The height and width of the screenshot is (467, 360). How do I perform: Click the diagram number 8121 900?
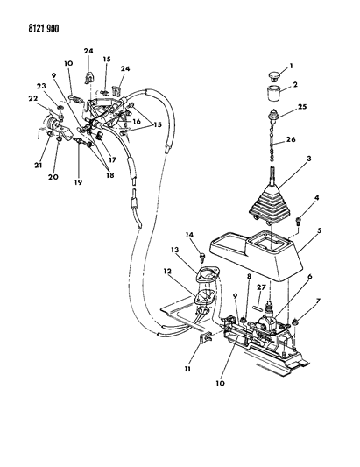pos(44,29)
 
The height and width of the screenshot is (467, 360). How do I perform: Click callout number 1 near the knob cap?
pos(291,66)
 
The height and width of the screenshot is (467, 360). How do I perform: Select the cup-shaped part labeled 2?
pos(273,93)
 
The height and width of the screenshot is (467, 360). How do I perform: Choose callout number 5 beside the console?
pos(320,230)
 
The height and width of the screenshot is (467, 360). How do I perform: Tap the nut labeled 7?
pos(295,322)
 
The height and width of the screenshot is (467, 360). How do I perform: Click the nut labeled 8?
pos(243,320)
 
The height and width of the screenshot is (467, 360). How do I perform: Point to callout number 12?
pos(167,272)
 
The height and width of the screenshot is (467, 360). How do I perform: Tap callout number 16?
pos(137,122)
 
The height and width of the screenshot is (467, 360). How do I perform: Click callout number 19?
pos(78,182)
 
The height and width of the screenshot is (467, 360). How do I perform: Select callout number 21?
pos(39,165)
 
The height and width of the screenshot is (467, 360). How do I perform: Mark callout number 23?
pos(41,87)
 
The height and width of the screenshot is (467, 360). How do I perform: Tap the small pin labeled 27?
pos(258,307)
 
